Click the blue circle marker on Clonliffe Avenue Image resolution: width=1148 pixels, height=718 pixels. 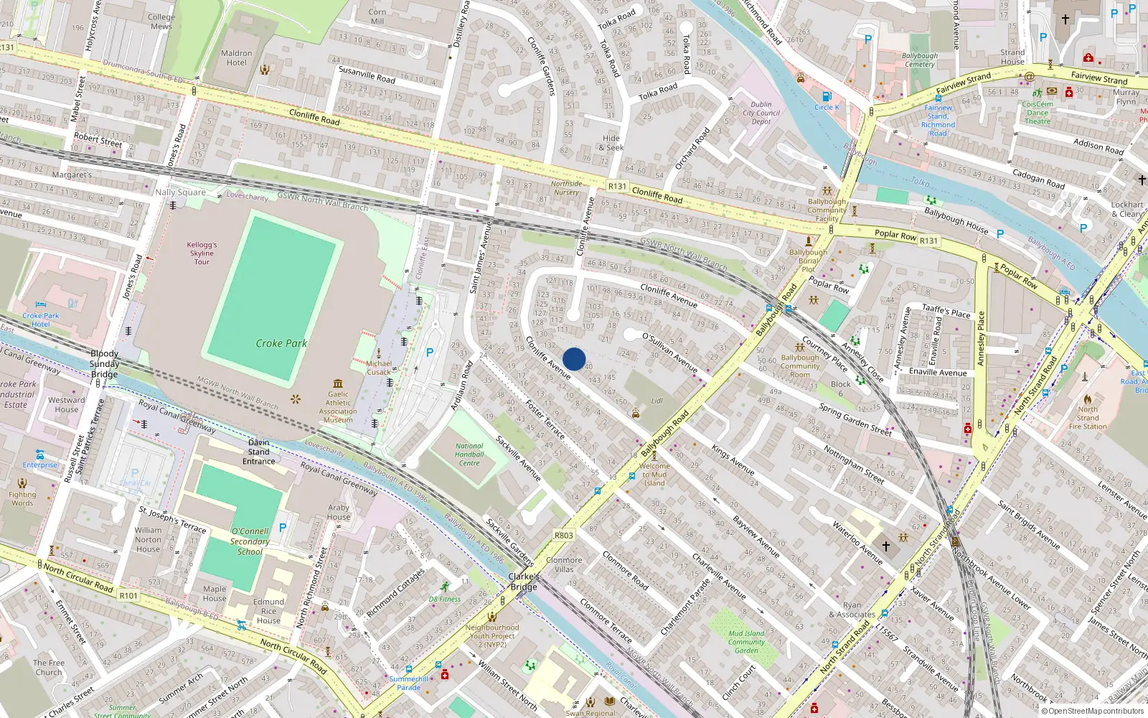coord(574,359)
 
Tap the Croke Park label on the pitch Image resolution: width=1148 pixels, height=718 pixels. coord(281,343)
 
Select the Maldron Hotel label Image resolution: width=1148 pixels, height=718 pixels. coord(237,57)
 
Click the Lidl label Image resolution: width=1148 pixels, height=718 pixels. coord(657,401)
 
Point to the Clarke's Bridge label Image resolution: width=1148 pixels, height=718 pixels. coord(524,582)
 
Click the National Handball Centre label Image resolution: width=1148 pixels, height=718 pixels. coord(469,454)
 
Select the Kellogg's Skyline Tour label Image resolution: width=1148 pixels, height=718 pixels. coord(202,253)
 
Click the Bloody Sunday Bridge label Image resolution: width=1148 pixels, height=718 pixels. coord(105,363)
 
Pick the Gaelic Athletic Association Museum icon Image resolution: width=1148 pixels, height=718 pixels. coord(338,383)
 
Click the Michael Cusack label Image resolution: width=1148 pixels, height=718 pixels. coord(379,368)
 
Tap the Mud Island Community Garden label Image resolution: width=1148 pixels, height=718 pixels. coord(746,642)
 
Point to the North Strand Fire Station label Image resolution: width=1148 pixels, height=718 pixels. coord(1088,418)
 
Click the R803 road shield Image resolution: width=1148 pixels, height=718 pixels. coord(564,536)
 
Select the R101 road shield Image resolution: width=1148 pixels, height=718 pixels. coord(128,596)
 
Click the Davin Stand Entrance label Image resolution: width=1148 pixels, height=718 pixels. coord(259,452)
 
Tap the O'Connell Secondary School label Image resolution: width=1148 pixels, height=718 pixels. coord(250,541)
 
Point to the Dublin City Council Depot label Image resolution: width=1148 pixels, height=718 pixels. coord(761,113)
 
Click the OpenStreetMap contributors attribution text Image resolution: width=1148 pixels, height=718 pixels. coord(1096,711)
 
